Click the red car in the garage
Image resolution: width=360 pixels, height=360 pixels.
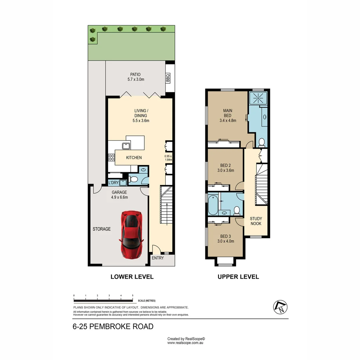tap(132, 235)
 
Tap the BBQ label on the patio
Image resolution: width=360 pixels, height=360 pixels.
tap(168, 78)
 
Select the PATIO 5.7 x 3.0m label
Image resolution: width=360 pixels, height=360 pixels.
tap(135, 77)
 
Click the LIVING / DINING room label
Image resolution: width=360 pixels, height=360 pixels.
tap(141, 115)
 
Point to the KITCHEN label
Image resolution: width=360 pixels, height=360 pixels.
tap(134, 158)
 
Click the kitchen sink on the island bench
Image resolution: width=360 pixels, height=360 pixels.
tap(126, 145)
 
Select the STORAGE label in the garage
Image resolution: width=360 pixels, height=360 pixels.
tap(102, 229)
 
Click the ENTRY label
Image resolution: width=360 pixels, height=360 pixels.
tap(158, 258)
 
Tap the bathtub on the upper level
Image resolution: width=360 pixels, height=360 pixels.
tap(213, 205)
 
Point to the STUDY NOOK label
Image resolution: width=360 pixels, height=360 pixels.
tap(256, 221)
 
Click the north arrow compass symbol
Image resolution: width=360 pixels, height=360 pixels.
tap(280, 307)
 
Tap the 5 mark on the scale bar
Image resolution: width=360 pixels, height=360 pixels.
tap(133, 296)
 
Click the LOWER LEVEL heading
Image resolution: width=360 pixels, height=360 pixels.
tap(132, 277)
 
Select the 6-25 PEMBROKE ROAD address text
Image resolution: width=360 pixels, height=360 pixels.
tap(113, 327)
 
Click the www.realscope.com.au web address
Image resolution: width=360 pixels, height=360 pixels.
tap(185, 342)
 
